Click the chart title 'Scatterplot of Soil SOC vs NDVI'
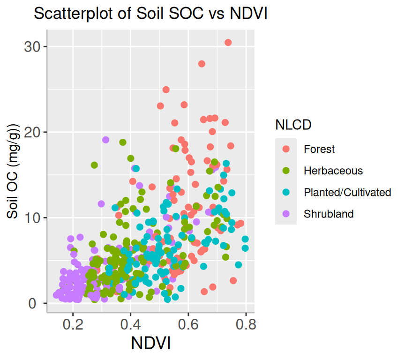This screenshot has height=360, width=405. coord(150,15)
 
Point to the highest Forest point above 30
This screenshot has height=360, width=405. coord(228,42)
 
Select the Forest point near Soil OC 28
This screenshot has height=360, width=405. coord(202,64)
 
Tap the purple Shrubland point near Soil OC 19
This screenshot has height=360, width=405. coord(105,140)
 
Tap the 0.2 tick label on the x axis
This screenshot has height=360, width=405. coord(73,324)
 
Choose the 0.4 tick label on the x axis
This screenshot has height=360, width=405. coord(130,324)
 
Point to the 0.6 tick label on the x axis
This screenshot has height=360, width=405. coord(188,324)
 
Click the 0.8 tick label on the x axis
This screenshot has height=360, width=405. coord(246,324)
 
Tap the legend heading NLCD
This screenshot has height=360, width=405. coord(293,125)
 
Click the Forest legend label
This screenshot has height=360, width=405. coord(319,150)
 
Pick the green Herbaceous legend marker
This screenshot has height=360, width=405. coord(286,171)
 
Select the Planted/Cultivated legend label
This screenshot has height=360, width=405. coord(347,192)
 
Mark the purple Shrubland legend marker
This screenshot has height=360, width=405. coord(286,214)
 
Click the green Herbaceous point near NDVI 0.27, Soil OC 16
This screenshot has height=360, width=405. coord(94,165)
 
